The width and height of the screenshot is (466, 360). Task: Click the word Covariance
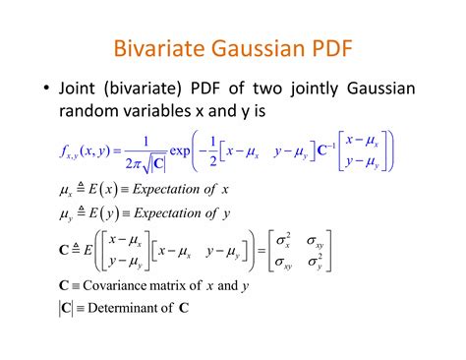click(x=119, y=287)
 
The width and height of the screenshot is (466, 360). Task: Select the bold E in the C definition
click(x=88, y=251)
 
